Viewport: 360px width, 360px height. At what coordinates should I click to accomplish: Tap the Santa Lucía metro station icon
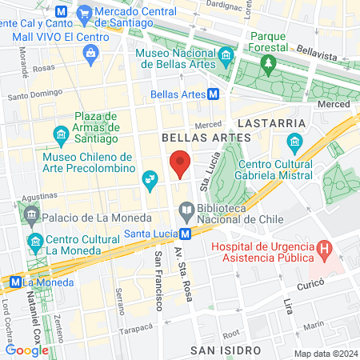tap(185, 234)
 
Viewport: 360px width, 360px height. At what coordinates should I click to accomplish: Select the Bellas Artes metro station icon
tap(213, 94)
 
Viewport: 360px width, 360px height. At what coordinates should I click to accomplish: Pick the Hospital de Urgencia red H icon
tap(324, 249)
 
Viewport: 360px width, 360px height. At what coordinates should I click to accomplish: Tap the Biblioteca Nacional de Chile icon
tap(186, 210)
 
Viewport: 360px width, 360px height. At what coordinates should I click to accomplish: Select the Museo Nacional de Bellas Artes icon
tap(226, 55)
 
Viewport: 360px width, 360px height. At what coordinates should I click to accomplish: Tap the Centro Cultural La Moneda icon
tap(35, 241)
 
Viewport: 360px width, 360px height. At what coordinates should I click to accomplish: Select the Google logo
tap(26, 349)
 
